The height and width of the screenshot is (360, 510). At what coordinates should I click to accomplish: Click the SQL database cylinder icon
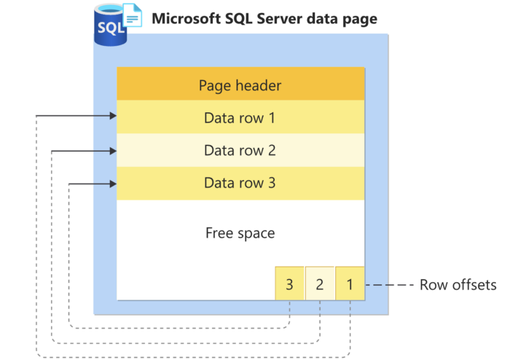click(110, 26)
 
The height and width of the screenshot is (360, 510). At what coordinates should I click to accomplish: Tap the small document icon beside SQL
click(132, 15)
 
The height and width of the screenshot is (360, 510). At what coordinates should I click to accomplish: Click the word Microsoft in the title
click(187, 18)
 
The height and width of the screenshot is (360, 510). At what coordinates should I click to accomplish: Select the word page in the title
click(359, 20)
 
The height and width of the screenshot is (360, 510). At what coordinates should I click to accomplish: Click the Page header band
click(240, 84)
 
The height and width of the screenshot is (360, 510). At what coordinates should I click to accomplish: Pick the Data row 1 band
click(240, 117)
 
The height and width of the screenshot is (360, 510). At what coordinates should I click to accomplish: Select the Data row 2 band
click(240, 150)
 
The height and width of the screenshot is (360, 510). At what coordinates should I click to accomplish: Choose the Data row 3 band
click(240, 183)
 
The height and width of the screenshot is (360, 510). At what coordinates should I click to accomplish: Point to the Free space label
click(240, 233)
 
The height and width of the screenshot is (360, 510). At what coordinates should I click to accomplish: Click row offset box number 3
click(289, 283)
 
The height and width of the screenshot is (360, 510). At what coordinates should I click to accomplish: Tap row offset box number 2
click(320, 283)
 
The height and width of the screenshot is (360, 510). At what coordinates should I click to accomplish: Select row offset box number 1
click(350, 283)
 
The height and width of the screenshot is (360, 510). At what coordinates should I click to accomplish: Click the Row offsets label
click(458, 285)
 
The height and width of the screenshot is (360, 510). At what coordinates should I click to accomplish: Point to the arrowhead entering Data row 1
click(113, 116)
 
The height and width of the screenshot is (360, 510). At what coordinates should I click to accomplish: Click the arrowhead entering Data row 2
click(113, 151)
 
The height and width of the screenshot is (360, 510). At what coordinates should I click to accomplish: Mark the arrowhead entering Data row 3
click(113, 184)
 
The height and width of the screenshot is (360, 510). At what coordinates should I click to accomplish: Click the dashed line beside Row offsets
click(390, 285)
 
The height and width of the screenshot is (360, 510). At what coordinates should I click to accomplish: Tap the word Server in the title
click(278, 18)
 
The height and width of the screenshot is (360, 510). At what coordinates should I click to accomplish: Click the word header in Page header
click(259, 85)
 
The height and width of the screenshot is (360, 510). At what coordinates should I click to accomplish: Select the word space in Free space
click(256, 234)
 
